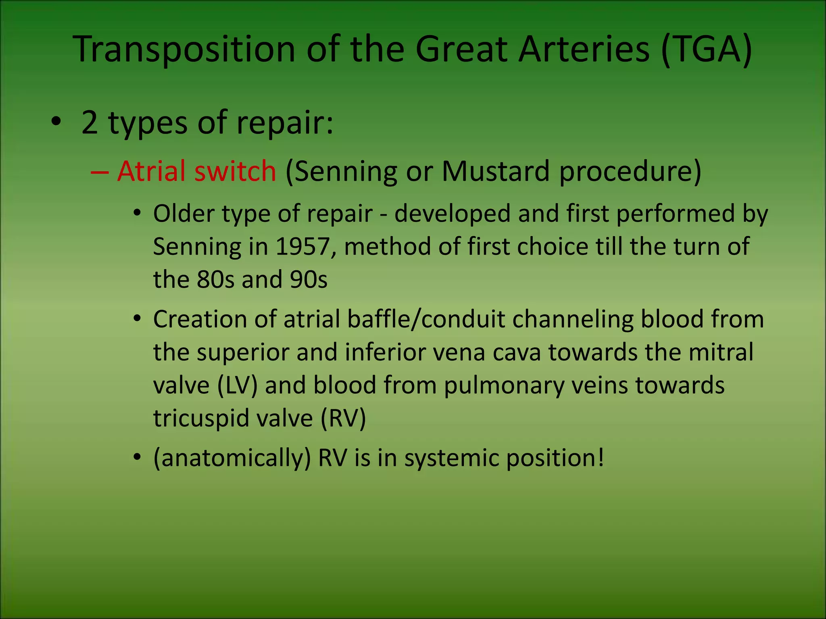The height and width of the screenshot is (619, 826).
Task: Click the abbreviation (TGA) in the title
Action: click(707, 49)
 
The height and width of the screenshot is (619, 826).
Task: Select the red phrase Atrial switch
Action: click(196, 171)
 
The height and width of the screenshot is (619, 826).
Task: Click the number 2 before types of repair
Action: click(90, 123)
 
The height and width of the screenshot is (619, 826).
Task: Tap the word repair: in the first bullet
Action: click(285, 123)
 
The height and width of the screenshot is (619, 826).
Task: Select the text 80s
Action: click(215, 279)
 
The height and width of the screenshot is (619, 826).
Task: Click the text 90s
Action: click(309, 279)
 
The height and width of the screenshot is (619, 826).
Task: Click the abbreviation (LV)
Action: click(237, 385)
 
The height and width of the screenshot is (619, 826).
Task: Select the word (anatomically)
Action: click(232, 458)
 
